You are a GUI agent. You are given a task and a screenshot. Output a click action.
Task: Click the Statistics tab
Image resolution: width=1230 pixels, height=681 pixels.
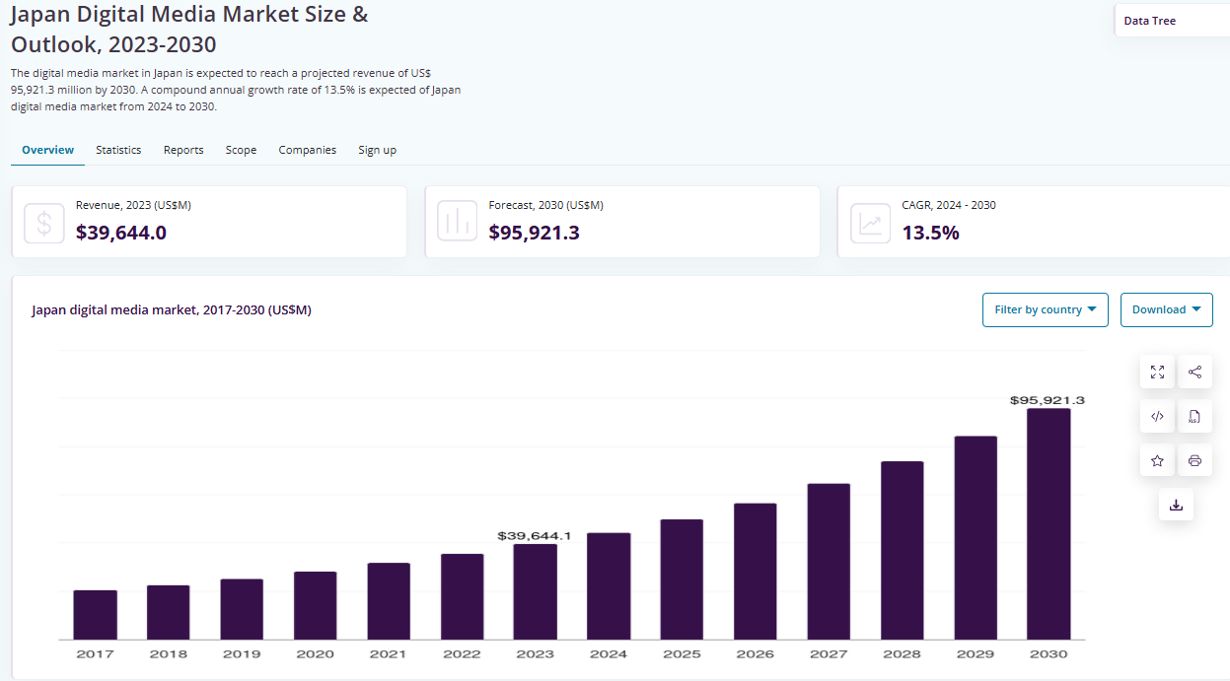118,150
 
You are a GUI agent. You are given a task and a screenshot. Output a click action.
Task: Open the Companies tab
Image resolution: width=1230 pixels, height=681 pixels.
307,150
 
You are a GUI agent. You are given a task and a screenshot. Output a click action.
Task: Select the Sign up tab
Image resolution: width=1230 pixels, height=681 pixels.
377,150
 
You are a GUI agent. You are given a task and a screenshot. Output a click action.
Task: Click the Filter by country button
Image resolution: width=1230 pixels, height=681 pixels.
1045,309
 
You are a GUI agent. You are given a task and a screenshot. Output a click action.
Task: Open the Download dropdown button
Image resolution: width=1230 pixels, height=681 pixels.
1166,309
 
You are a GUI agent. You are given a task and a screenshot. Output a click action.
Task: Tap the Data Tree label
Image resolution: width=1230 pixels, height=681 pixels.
1149,21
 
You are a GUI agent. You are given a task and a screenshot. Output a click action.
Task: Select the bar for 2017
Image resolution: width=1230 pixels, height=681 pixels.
95,615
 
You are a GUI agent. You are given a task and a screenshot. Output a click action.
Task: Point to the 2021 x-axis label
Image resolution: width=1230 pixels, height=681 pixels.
389,653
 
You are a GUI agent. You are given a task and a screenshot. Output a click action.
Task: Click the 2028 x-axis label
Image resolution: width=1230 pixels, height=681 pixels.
902,653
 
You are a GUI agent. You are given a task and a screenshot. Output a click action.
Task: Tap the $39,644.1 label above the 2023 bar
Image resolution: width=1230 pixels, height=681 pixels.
535,535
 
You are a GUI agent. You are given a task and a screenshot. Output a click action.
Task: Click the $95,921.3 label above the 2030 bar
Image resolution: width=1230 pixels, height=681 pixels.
1048,400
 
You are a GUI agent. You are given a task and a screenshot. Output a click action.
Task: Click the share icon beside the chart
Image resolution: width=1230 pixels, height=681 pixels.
1194,372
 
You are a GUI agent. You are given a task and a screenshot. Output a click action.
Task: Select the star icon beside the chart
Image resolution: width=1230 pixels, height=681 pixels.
1157,460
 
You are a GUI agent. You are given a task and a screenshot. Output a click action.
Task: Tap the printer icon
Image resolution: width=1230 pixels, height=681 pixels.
1194,460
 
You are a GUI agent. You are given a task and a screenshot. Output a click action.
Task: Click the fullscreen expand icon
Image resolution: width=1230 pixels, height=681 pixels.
1157,372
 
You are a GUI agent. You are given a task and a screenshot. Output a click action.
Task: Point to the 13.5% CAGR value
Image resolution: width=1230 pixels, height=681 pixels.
930,233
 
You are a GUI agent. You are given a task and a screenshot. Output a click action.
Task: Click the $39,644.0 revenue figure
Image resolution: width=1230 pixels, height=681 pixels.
121,233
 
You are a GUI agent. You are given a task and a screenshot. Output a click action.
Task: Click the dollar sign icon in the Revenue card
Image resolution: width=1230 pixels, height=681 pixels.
44,223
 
